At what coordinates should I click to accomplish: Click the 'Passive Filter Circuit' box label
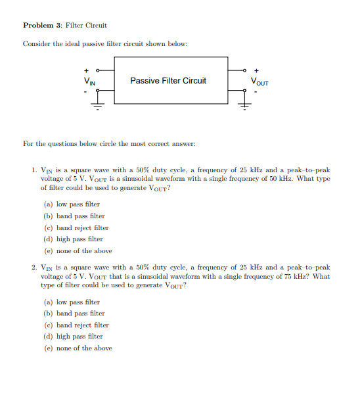(x=168, y=81)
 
